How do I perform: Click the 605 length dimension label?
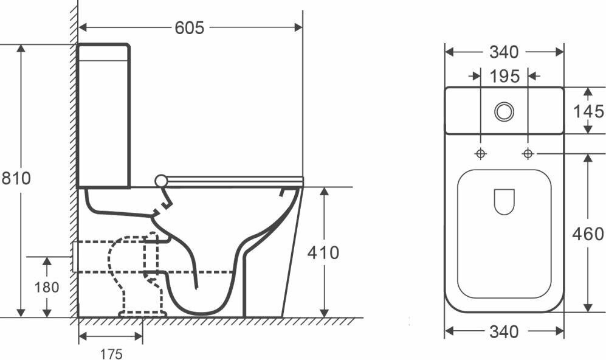(190, 27)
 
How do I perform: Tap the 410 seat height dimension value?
(323, 252)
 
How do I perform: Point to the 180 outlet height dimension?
(47, 286)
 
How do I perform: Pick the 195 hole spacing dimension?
(504, 76)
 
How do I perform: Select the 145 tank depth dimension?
(588, 111)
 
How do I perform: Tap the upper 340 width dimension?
(504, 52)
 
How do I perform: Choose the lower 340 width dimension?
(504, 332)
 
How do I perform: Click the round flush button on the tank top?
(504, 112)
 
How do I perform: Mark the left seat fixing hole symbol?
(480, 153)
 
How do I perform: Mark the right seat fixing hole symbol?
(528, 153)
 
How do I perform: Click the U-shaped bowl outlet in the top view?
(504, 201)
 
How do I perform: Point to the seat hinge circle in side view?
(160, 180)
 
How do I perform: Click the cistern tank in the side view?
(103, 116)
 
